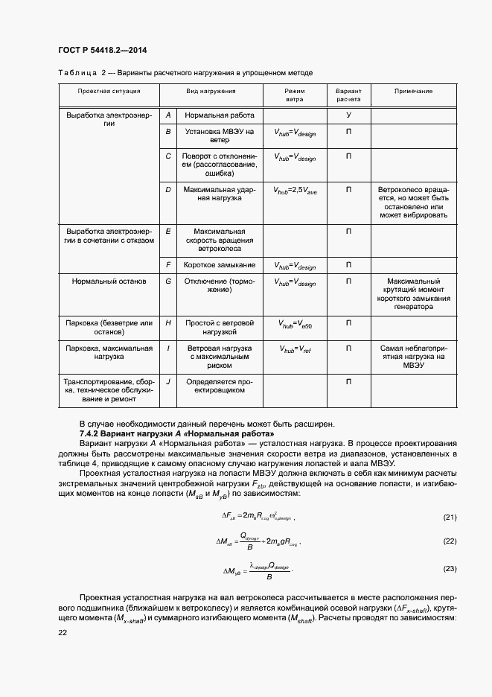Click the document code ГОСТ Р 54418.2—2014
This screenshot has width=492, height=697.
[101, 50]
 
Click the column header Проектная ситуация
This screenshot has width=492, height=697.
[109, 91]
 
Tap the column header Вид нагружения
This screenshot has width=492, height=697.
[211, 91]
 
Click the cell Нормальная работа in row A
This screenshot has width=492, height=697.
[220, 115]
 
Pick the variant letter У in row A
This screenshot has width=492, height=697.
[348, 115]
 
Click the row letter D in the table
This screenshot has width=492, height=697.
[168, 190]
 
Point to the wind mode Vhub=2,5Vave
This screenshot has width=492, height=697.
[295, 191]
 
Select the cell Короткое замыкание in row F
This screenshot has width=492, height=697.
[220, 265]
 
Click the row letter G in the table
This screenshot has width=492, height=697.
[168, 281]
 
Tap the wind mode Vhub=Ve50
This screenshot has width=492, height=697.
[295, 324]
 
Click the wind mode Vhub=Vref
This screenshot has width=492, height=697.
[295, 348]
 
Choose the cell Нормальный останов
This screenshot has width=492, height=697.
[109, 281]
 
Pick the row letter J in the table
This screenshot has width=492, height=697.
[168, 381]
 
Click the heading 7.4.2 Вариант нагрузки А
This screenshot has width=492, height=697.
[176, 433]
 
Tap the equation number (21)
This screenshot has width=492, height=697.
[449, 517]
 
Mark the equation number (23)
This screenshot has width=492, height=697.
[449, 569]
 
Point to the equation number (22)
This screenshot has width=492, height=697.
[449, 541]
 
